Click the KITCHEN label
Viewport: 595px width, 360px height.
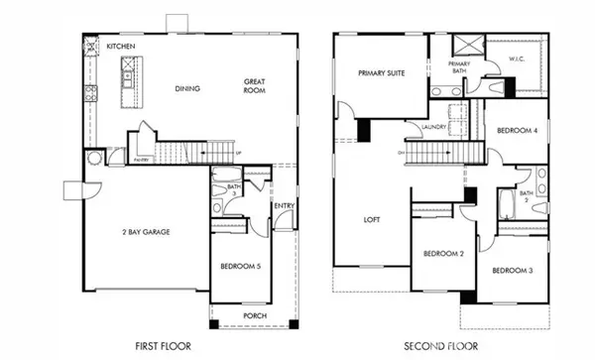[121, 47]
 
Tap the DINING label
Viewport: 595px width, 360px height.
[187, 89]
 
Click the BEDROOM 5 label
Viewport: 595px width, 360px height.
[239, 266]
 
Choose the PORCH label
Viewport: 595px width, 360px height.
[254, 316]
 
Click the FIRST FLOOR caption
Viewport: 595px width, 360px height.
[162, 346]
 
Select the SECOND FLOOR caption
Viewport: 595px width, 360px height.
[440, 346]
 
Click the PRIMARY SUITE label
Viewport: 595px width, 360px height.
[381, 72]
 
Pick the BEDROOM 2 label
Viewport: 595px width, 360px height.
[443, 254]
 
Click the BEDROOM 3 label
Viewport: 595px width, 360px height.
[512, 270]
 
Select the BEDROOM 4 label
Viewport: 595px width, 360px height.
[517, 131]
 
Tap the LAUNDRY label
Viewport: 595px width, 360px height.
[432, 127]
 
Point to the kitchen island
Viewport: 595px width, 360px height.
[129, 80]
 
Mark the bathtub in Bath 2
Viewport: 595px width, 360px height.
[505, 205]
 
